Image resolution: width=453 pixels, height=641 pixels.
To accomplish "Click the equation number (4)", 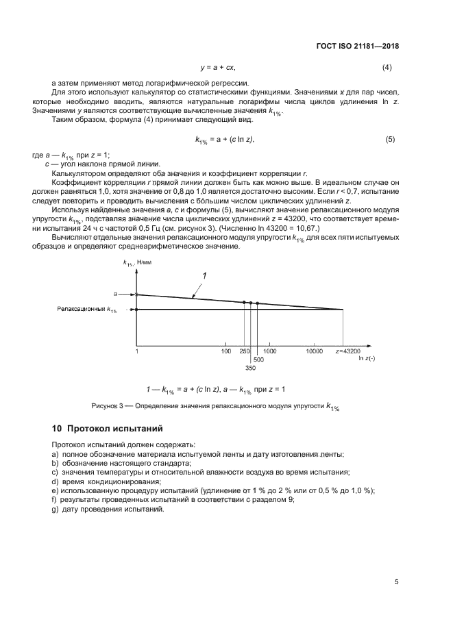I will [x=387, y=68].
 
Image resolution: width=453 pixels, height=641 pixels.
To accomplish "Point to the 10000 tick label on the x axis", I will [x=314, y=351].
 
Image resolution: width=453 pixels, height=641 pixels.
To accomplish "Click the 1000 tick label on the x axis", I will [x=269, y=351].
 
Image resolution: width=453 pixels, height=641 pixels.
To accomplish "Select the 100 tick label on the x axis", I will [x=225, y=351].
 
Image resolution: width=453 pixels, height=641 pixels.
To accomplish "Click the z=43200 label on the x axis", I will [x=348, y=351].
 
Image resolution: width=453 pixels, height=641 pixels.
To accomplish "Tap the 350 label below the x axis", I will [x=251, y=367].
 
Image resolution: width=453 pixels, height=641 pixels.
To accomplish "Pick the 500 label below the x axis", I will [x=258, y=359].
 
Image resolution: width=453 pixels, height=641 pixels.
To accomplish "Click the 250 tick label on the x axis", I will [x=244, y=351].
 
